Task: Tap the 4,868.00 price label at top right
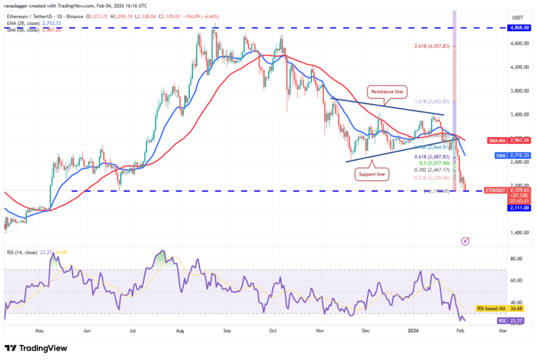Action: (x=520, y=28)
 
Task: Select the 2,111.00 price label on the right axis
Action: (x=519, y=208)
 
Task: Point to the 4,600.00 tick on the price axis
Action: (x=519, y=44)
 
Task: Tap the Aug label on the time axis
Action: (x=181, y=331)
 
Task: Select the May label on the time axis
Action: (x=40, y=331)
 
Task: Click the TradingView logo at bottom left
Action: (x=36, y=348)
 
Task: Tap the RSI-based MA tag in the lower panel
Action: (x=489, y=308)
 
